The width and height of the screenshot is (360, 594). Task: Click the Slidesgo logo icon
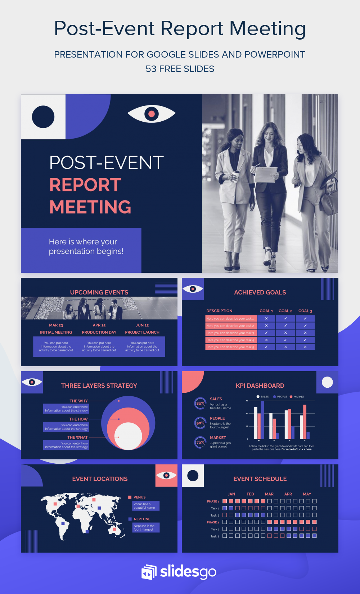click(x=149, y=572)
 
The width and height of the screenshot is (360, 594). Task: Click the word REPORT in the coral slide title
click(x=85, y=185)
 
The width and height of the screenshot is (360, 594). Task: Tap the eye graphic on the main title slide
click(x=152, y=113)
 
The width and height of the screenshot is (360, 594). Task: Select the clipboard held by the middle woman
click(x=265, y=175)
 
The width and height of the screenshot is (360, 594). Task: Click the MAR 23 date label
click(x=56, y=325)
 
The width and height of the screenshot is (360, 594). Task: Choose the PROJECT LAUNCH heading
click(x=142, y=332)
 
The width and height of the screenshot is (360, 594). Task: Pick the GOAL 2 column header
click(x=285, y=311)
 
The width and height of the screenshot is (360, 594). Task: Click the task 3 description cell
click(x=230, y=333)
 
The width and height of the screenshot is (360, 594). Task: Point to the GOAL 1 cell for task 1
click(x=266, y=319)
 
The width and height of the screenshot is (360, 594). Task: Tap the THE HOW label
click(x=78, y=419)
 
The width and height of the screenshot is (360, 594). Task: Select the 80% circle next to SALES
click(x=200, y=404)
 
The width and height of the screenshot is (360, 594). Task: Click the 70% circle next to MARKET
click(x=200, y=442)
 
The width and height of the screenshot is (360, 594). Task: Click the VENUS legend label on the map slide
click(x=140, y=497)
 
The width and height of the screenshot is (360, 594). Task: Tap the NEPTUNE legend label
click(x=142, y=519)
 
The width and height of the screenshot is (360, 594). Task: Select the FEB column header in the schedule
click(x=250, y=494)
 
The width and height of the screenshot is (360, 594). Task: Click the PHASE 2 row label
click(x=213, y=522)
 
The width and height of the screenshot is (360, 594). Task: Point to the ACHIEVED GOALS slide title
click(x=260, y=292)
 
